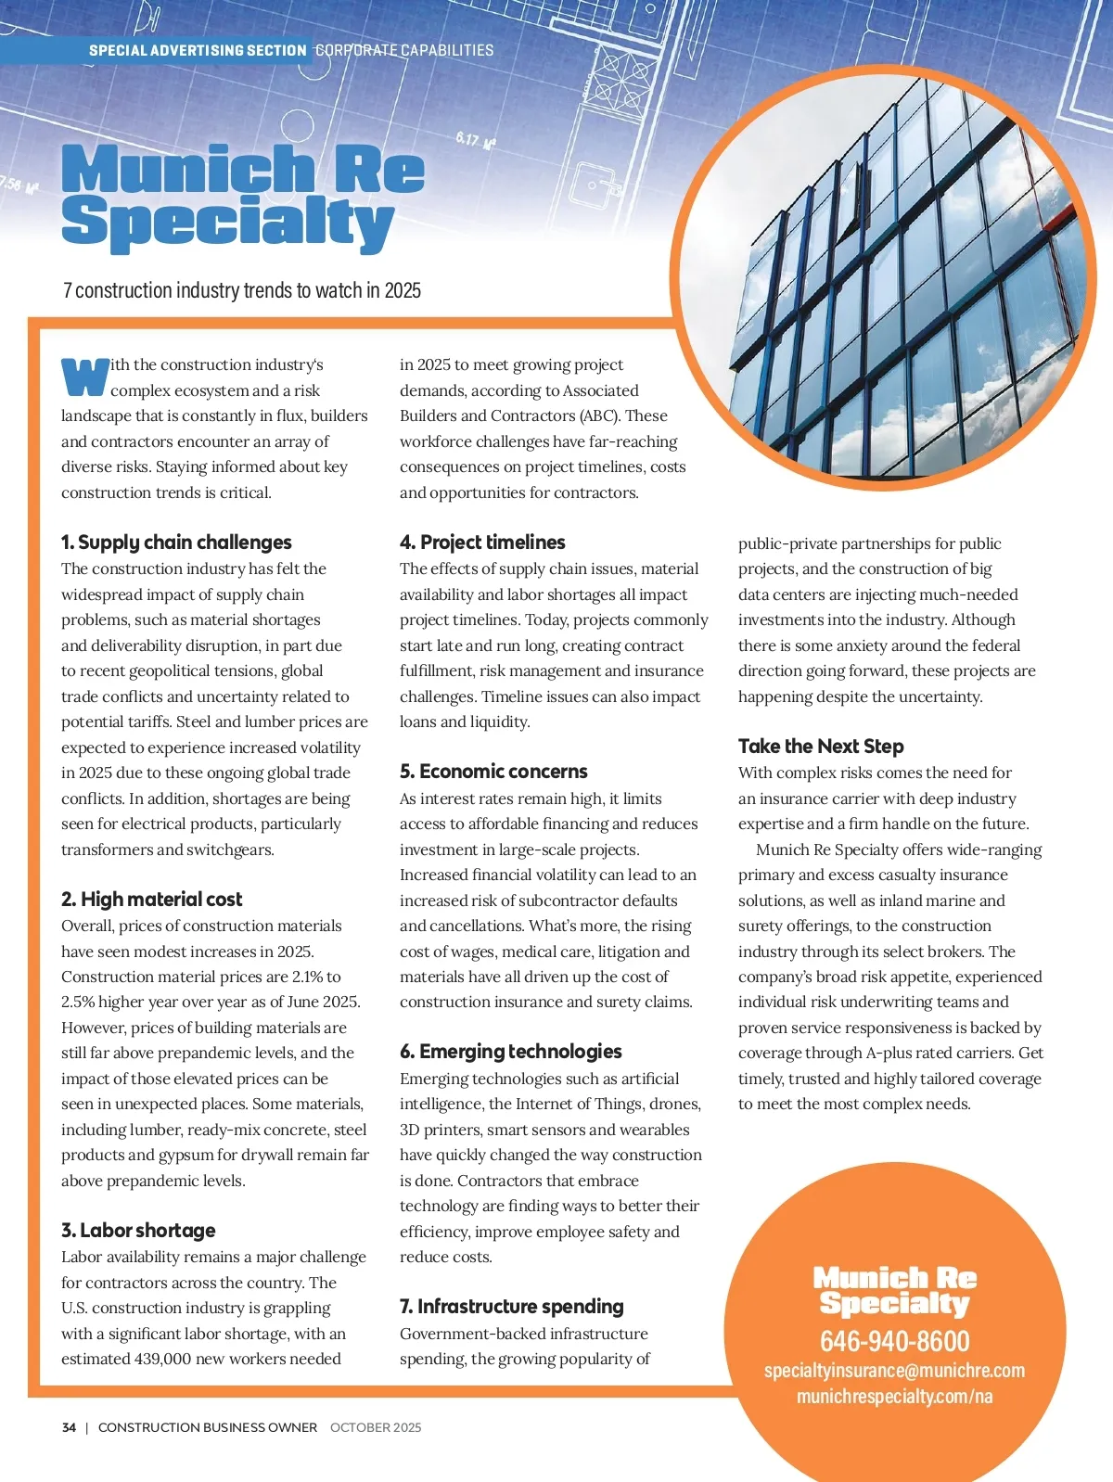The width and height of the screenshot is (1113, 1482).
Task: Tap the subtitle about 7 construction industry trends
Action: [242, 290]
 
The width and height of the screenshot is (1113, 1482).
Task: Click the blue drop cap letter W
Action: [84, 377]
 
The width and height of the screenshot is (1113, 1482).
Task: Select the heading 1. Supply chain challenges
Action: [176, 543]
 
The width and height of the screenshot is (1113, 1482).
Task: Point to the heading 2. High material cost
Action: [152, 899]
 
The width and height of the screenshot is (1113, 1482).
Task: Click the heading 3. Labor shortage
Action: [138, 1230]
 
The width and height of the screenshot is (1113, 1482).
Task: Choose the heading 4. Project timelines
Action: [482, 543]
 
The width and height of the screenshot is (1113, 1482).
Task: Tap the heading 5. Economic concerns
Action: [493, 772]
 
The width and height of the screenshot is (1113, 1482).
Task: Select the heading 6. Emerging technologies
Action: [511, 1052]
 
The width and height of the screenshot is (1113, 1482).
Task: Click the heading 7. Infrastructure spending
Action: [512, 1307]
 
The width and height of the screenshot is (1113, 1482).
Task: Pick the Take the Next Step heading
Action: [821, 747]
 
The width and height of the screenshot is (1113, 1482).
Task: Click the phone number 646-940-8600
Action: [894, 1341]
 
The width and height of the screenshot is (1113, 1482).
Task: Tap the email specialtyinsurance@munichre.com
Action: [894, 1371]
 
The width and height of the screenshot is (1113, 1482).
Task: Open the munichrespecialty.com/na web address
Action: [894, 1397]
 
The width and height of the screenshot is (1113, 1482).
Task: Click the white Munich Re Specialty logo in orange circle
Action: [894, 1291]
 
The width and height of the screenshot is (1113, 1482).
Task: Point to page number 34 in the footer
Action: [70, 1427]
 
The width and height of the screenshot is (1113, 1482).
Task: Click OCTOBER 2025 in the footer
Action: [376, 1427]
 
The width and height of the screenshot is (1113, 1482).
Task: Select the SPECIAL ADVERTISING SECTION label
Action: [198, 50]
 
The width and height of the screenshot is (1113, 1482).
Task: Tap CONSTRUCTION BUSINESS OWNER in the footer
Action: [208, 1427]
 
